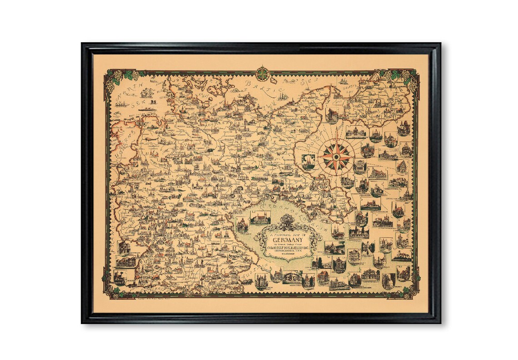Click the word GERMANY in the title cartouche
(x=288, y=241)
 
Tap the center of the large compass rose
(x=336, y=157)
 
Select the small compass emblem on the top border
(x=263, y=73)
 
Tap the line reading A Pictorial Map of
(x=288, y=234)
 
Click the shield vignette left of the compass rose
(x=309, y=161)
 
